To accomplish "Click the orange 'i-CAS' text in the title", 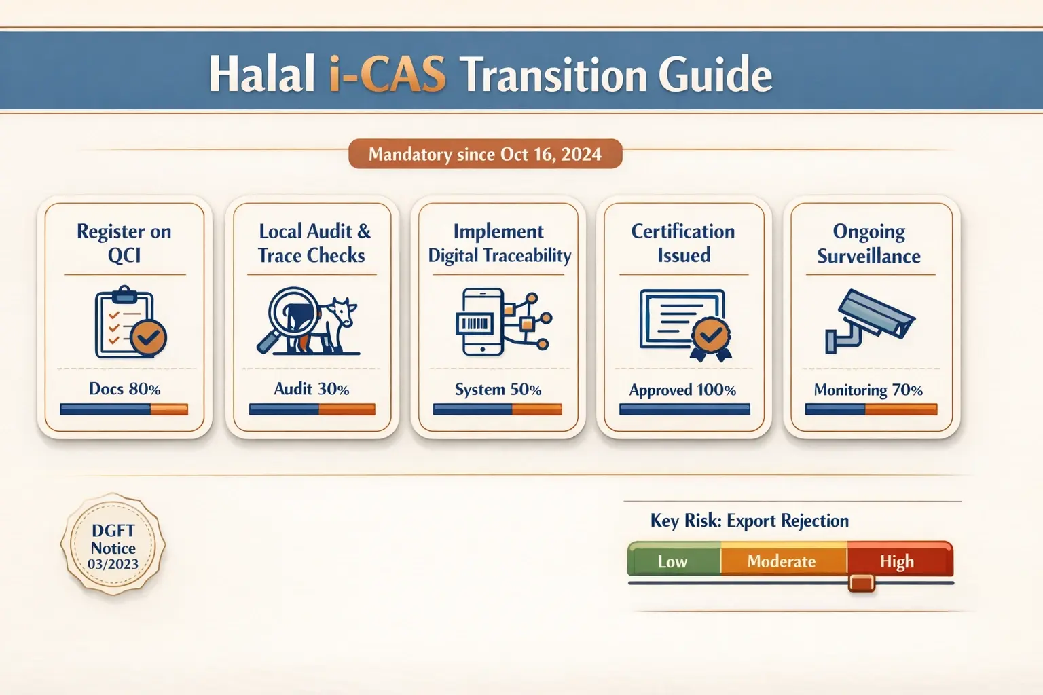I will (x=388, y=74).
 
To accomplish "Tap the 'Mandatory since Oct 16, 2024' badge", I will (x=485, y=154).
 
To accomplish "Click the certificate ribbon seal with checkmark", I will (x=711, y=337).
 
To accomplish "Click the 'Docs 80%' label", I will (x=125, y=389).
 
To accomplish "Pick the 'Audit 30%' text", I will (x=312, y=389).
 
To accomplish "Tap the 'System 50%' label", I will (x=498, y=390).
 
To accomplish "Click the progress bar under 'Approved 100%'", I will (x=684, y=409).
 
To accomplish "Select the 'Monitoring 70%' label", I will (x=868, y=390).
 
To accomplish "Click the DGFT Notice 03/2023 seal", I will (x=113, y=546).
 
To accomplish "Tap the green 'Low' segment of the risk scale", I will (x=673, y=561).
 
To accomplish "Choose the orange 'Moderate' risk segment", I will (x=782, y=561).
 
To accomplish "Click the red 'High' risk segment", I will (x=898, y=561).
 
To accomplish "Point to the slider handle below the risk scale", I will (x=862, y=583).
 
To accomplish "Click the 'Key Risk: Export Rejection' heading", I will (x=750, y=521).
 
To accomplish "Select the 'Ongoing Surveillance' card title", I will (x=869, y=244).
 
